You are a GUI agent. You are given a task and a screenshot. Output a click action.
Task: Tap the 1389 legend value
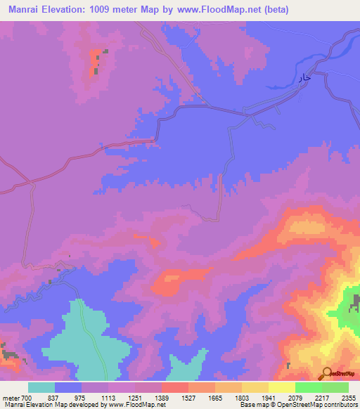[x=161, y=397]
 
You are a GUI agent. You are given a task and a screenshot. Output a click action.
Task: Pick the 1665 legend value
[x=214, y=397]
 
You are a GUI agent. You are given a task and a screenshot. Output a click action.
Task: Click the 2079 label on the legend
[x=295, y=397]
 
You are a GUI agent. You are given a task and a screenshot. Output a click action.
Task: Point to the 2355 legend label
[x=348, y=397]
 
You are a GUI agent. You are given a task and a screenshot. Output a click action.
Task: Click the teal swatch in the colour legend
[x=41, y=387]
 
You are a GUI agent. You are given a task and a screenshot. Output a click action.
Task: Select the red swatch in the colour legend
[x=174, y=387]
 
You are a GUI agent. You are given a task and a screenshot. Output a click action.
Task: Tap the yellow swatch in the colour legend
[x=281, y=387]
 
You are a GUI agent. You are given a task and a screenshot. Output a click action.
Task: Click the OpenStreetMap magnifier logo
[x=327, y=374]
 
